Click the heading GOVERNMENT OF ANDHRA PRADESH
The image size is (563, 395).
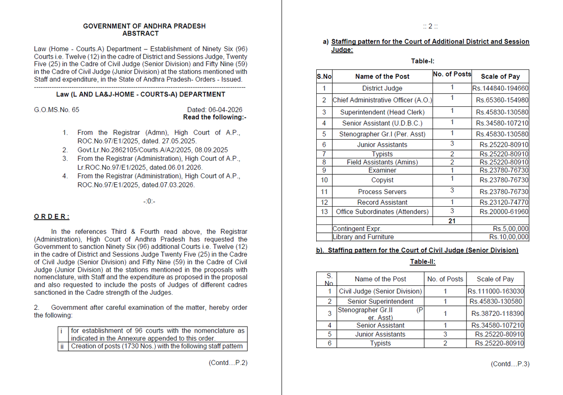[x=144, y=26]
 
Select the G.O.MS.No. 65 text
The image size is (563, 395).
[x=57, y=110]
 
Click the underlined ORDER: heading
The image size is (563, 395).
[x=52, y=216]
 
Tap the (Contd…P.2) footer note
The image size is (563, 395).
[x=228, y=363]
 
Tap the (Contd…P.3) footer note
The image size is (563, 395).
[x=510, y=364]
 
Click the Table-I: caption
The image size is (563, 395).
[x=426, y=61]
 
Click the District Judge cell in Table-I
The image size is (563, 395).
[x=382, y=88]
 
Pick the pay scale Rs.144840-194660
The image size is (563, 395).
[x=500, y=88]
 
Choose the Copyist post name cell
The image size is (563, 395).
[x=382, y=180]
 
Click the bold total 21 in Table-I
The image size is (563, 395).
[x=451, y=221]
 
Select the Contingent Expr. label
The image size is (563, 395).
[x=357, y=229]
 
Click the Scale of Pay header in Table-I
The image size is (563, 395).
[x=500, y=76]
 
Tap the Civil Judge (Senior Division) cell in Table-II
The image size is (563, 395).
[x=380, y=291]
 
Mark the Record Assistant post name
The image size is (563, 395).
[x=382, y=202]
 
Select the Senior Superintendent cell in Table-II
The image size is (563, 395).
[x=380, y=301]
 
